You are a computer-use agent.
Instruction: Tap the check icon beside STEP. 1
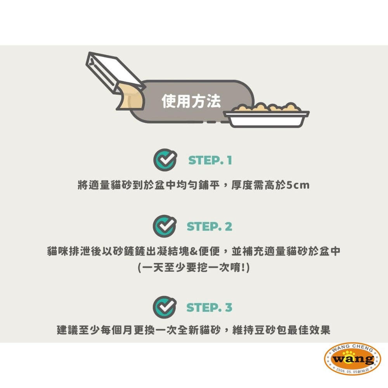[165, 160]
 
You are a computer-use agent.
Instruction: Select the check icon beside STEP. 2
[165, 226]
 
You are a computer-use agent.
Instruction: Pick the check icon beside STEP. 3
[165, 307]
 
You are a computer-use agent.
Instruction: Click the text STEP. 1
[210, 161]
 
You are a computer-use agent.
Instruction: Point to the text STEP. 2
[210, 226]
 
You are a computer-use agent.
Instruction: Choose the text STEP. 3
[210, 307]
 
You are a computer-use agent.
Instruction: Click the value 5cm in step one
[298, 185]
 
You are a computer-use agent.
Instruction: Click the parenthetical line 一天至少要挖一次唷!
[194, 268]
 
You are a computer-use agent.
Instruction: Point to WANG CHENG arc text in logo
[352, 349]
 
